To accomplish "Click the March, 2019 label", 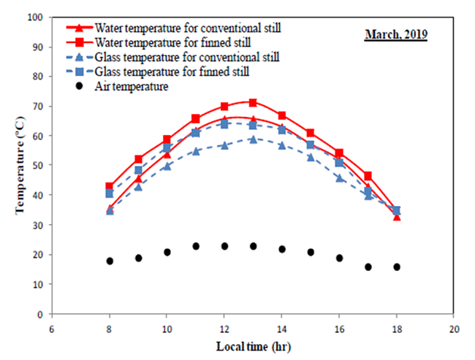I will [x=396, y=34].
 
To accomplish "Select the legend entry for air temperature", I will [x=132, y=87].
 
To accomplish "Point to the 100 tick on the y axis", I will [x=34, y=17].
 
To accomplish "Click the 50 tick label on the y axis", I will [x=37, y=166].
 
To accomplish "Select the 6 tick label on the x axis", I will [x=52, y=328].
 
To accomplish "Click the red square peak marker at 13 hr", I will [x=253, y=103].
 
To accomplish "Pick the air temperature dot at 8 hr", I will [x=110, y=261].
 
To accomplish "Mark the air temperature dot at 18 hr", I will [x=397, y=267].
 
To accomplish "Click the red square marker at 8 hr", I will [x=110, y=186].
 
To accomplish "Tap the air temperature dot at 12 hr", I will [x=224, y=246].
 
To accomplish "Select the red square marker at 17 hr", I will [x=368, y=176].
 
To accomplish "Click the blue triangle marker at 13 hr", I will [x=253, y=139].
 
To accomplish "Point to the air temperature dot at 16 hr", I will [x=339, y=258].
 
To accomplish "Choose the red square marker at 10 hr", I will [x=167, y=139].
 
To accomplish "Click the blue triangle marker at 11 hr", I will [x=196, y=151].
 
